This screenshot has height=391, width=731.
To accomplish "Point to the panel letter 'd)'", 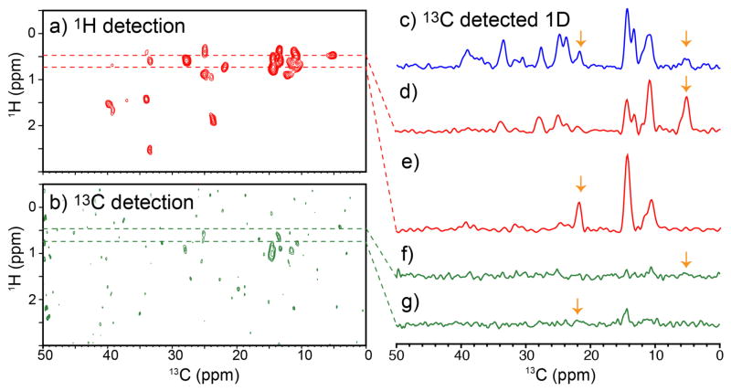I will pos(408,91).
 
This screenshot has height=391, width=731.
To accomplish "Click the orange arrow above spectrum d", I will pos(687,84).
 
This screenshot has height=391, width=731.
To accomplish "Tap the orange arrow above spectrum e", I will pos(580,184).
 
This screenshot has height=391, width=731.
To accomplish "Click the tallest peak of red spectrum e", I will pos(627,157).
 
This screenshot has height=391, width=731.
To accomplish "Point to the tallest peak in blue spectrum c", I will pos(627,11).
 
